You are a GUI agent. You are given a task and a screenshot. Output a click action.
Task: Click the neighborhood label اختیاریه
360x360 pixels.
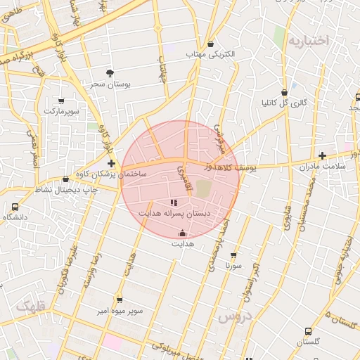click(x=308, y=41)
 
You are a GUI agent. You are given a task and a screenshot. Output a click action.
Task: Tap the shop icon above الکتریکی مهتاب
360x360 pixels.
click(x=210, y=44)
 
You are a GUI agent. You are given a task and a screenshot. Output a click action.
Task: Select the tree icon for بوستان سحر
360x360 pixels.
click(x=110, y=72)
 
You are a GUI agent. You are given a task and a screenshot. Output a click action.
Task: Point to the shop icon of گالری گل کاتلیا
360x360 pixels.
click(x=284, y=92)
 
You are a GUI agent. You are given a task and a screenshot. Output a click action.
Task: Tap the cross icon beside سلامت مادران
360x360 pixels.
click(x=322, y=155)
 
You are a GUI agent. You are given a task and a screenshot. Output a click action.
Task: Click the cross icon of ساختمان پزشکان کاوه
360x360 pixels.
click(x=111, y=163)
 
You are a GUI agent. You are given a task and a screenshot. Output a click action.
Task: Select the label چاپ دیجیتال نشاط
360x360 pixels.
click(x=65, y=190)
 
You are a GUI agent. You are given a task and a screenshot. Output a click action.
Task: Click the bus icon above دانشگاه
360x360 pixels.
click(x=15, y=207)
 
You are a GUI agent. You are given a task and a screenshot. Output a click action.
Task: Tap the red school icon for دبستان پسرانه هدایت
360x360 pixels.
click(x=174, y=203)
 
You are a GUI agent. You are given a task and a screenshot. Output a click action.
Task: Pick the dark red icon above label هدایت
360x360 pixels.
click(x=183, y=233)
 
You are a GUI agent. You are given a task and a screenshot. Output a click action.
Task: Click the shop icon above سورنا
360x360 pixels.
click(x=233, y=256)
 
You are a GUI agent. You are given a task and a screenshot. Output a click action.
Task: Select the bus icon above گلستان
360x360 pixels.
click(x=308, y=331)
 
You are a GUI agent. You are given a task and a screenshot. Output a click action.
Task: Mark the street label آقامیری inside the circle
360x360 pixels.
click(x=185, y=179)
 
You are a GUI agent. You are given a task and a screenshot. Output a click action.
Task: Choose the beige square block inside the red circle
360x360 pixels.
click(x=203, y=188)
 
